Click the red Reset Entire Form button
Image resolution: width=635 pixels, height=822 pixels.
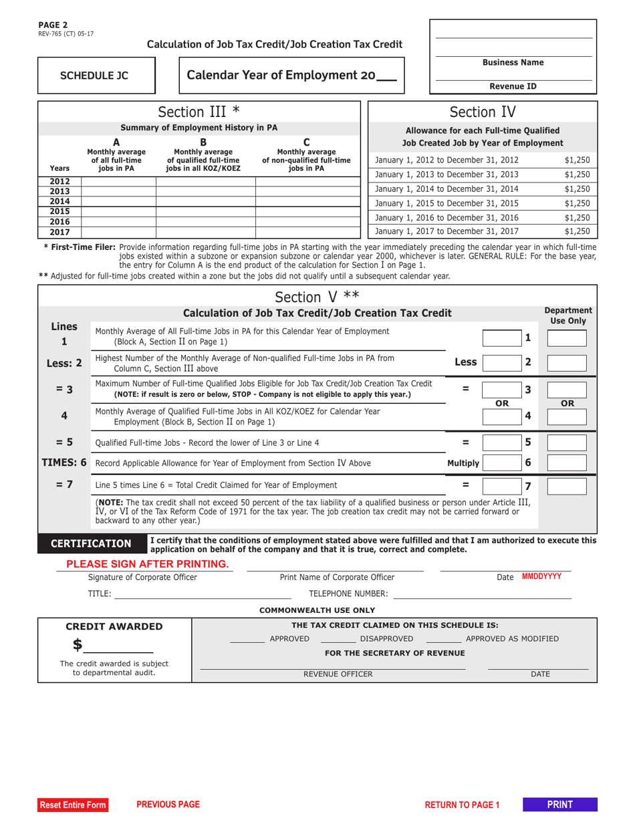click(73, 805)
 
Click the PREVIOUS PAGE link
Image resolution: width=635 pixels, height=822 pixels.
click(168, 805)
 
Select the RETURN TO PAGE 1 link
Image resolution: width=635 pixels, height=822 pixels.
click(462, 805)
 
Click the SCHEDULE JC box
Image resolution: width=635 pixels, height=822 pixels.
click(95, 76)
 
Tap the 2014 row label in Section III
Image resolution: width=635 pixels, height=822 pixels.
click(59, 201)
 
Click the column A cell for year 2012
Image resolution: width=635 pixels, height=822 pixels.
click(118, 181)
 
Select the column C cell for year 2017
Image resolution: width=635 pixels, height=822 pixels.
click(307, 233)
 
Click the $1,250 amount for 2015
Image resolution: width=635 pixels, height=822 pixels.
click(577, 203)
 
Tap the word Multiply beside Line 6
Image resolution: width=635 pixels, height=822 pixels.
click(463, 463)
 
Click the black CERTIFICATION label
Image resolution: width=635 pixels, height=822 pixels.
click(92, 544)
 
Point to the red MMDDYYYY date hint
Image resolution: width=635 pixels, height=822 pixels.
click(541, 576)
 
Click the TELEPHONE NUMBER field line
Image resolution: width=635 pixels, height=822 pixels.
click(482, 593)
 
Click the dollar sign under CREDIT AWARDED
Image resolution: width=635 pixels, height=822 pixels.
click(78, 645)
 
